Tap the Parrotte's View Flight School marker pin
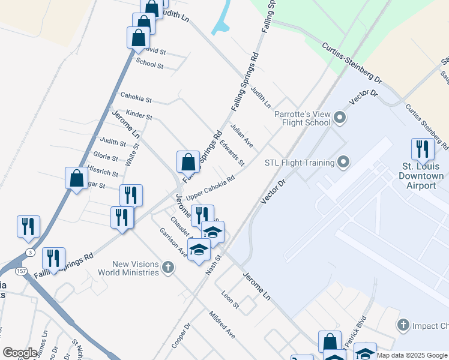[340, 118]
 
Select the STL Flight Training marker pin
[343, 162]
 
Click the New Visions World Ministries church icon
[168, 268]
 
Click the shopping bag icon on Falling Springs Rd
[188, 161]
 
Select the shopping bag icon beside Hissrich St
[77, 178]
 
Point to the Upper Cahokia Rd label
[209, 188]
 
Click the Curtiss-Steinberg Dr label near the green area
[352, 62]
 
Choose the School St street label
[149, 63]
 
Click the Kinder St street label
[139, 114]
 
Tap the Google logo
[20, 353]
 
